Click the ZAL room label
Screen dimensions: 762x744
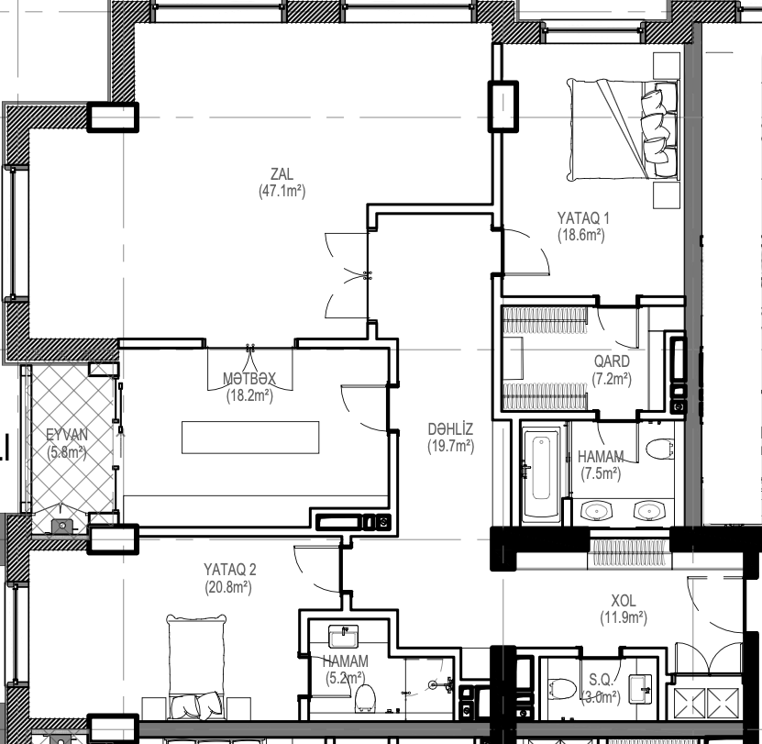(282, 173)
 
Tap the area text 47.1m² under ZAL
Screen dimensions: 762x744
(282, 191)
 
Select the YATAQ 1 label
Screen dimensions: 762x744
(583, 217)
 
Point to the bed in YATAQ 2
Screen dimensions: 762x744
(196, 665)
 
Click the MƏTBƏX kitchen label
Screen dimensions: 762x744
(249, 378)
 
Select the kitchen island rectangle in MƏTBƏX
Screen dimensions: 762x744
(250, 438)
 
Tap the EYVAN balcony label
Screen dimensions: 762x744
(67, 434)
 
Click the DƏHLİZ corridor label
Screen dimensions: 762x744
(450, 429)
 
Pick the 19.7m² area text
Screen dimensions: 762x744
(451, 446)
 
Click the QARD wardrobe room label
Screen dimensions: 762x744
(612, 361)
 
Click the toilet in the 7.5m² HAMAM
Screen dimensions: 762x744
(660, 449)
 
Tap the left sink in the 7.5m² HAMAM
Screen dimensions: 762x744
(596, 511)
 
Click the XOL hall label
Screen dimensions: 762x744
(624, 600)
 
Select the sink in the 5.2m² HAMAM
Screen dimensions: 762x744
(344, 637)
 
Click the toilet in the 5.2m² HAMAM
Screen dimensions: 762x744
(364, 698)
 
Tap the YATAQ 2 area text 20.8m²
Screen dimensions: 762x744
(228, 587)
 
